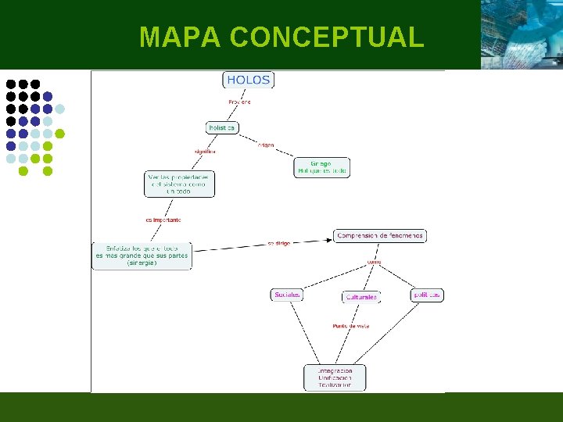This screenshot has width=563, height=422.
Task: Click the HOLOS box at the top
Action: click(249, 80)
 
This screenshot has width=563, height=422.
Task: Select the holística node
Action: click(222, 127)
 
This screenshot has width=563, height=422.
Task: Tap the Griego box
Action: click(322, 167)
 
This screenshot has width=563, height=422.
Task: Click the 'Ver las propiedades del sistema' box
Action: click(179, 184)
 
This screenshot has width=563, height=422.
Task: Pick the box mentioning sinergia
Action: click(142, 256)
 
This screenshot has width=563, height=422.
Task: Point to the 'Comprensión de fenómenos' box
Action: click(381, 235)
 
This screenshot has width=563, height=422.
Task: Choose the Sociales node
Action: click(287, 295)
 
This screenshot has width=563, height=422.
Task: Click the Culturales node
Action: click(361, 297)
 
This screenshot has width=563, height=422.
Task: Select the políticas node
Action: click(427, 295)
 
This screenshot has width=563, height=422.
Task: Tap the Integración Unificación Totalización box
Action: click(335, 377)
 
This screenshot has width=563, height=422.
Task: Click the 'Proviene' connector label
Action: click(239, 102)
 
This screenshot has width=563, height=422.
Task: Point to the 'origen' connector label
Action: click(266, 145)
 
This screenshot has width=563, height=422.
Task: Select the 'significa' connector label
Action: click(205, 151)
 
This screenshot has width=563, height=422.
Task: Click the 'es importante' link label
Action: click(163, 220)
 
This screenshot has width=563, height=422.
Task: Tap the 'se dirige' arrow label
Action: click(278, 243)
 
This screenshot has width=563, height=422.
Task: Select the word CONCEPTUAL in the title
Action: click(328, 37)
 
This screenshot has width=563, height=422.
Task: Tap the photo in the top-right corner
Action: click(521, 34)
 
